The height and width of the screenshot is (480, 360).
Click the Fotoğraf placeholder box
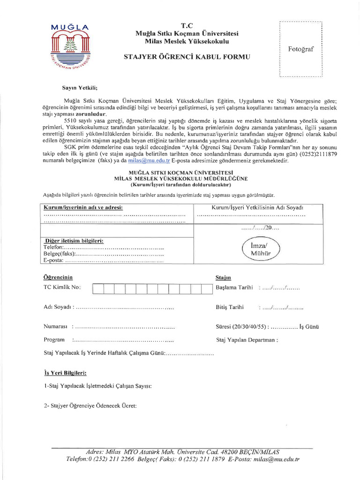300,49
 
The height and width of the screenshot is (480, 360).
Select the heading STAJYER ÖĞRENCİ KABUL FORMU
187,57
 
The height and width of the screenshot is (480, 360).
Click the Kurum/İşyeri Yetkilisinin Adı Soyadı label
258,207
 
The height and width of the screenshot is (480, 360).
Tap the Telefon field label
52,247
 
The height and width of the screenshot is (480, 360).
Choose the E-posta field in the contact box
54,260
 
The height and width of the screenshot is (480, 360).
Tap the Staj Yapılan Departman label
247,340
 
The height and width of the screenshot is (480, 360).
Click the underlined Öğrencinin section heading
58,277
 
